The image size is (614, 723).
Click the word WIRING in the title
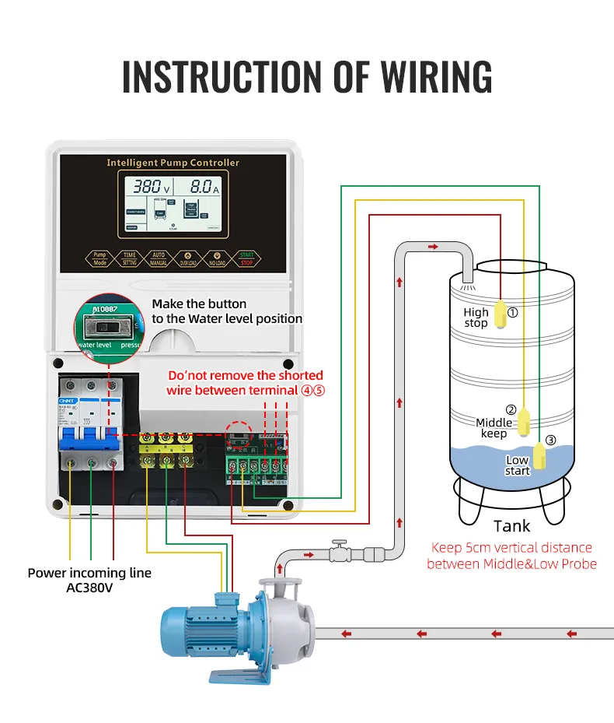point(436,76)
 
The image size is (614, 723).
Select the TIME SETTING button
point(129,258)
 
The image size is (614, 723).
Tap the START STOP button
point(246,258)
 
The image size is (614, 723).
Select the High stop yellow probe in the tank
point(501,314)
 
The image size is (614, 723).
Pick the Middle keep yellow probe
point(525,423)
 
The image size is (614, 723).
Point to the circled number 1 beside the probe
point(512,313)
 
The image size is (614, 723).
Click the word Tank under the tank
point(511,527)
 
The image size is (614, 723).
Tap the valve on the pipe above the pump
point(338,553)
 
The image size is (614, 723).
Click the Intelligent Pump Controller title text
point(173,163)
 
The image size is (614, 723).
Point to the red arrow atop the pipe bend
point(432,247)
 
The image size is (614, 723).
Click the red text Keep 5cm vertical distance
point(511,548)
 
